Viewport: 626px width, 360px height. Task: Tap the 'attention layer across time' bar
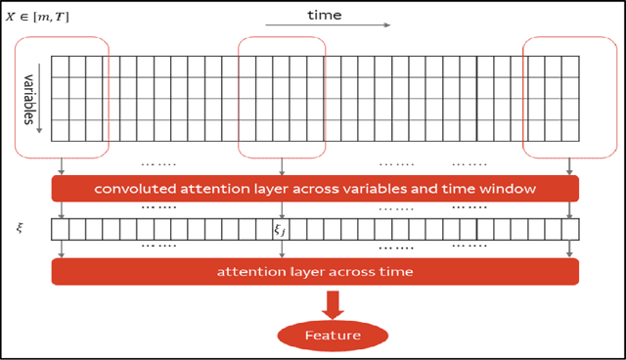click(315, 271)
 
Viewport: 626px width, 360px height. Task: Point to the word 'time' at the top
click(324, 14)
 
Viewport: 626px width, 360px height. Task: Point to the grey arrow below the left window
click(63, 166)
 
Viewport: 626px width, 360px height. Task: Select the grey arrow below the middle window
click(282, 166)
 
